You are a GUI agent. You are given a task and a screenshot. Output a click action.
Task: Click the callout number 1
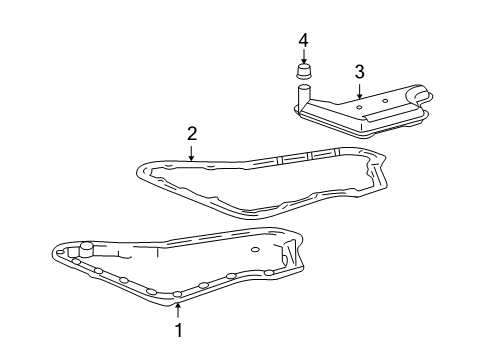pos(179,330)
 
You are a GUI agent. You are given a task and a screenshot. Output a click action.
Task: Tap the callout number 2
pos(192,133)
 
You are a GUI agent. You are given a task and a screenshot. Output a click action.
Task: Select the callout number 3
pos(359,72)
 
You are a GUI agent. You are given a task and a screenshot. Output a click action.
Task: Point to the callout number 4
pos(303,41)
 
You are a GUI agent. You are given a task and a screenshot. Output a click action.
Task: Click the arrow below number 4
pos(303,56)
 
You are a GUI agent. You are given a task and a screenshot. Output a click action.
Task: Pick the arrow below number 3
pos(359,91)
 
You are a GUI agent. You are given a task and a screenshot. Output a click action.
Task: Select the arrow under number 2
pos(191,153)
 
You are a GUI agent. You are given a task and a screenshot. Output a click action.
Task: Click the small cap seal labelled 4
pos(304,71)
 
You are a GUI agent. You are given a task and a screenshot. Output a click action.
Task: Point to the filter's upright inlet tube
pos(303,96)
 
